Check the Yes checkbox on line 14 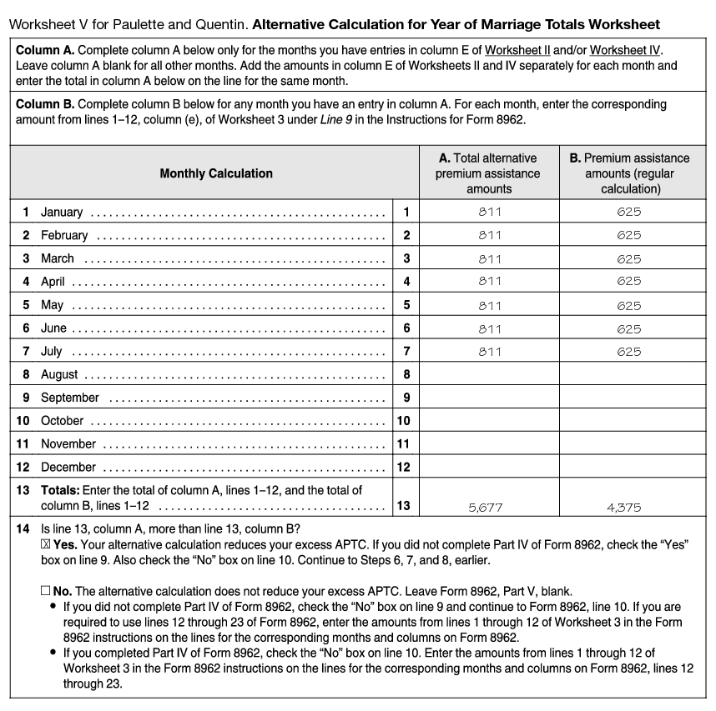(45, 544)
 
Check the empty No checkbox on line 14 (45, 590)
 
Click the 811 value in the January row (490, 212)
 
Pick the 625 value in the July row (629, 352)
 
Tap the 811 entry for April (490, 282)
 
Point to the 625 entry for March (629, 258)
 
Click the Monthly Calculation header (215, 173)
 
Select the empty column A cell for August (490, 375)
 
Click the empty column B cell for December (629, 468)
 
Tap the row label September (69, 398)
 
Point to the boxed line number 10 (403, 421)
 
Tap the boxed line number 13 (404, 505)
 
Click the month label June (53, 328)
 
